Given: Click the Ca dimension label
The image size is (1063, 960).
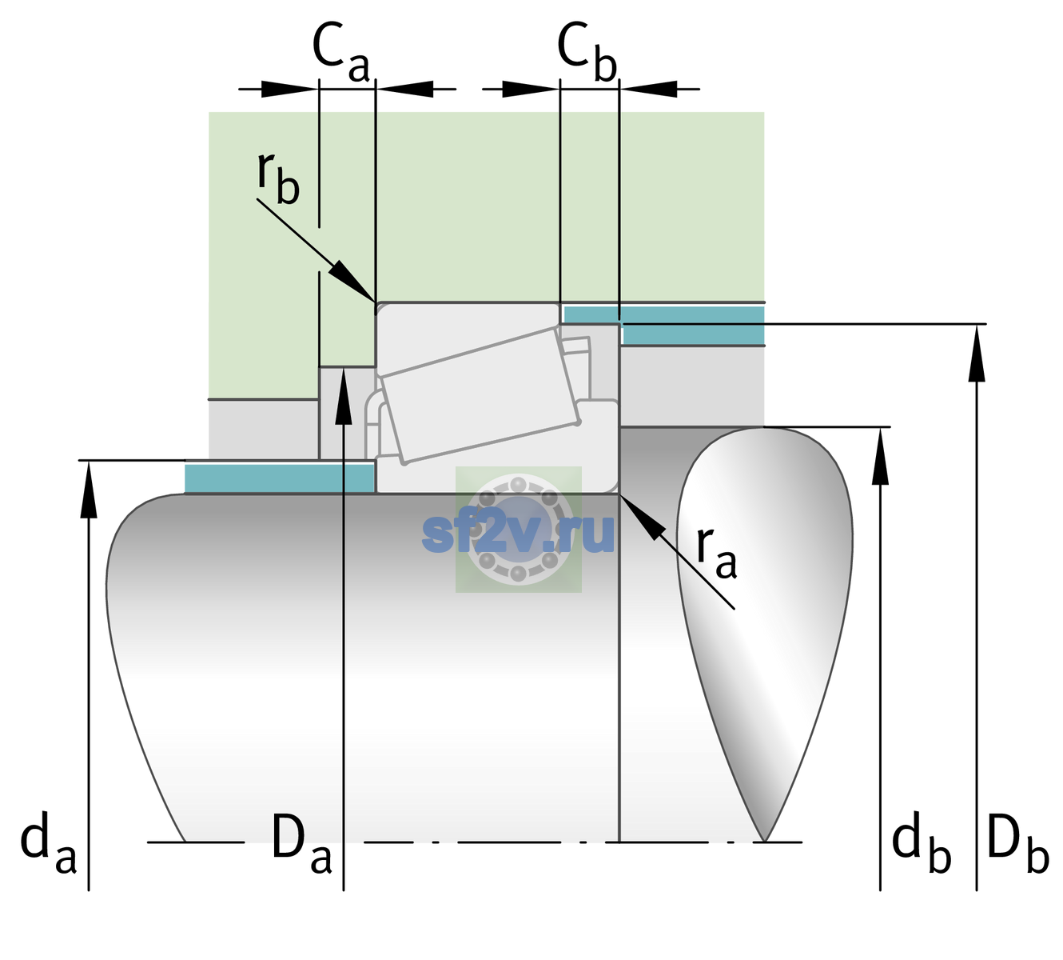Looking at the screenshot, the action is (340, 53).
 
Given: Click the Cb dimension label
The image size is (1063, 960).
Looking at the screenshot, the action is (587, 53).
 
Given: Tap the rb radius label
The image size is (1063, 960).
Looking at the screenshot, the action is (278, 178).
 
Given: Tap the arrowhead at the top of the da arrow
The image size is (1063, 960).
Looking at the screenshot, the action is (89, 488).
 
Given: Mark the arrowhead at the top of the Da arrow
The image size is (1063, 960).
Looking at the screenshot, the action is (344, 394).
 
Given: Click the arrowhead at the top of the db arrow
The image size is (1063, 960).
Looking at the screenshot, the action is (880, 456).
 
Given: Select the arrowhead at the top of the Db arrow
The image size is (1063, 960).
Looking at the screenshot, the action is (977, 353).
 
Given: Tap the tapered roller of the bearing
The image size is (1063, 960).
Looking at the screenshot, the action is (480, 396).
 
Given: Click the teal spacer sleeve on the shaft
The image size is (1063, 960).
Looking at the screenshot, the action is (279, 478).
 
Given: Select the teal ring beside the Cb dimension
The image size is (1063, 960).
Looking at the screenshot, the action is (663, 325).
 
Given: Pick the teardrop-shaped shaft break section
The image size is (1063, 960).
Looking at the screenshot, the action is (765, 634).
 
